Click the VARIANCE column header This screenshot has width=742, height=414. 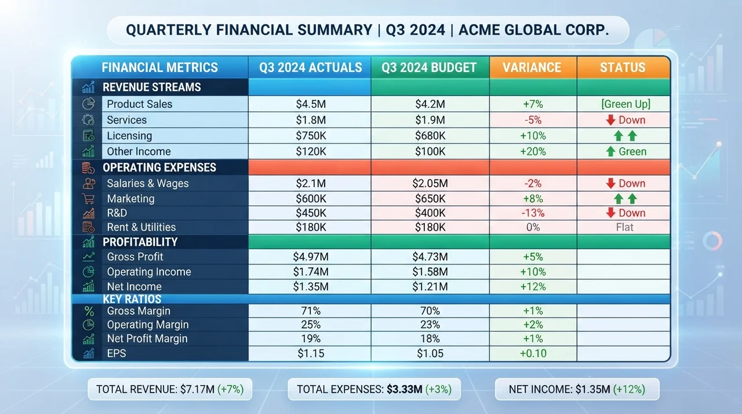[x=532, y=68]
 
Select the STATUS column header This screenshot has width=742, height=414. [x=623, y=68]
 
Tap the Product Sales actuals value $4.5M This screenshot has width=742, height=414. [x=311, y=104]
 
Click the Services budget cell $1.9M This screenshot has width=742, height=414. [x=430, y=120]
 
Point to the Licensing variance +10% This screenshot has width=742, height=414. [x=533, y=136]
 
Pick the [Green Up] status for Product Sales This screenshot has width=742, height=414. [x=625, y=104]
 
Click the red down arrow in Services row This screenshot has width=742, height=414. [x=610, y=120]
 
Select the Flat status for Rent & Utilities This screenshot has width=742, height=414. [x=624, y=227]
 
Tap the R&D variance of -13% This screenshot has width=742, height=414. [x=533, y=213]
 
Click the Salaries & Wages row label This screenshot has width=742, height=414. [x=148, y=183]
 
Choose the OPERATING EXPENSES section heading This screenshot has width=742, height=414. [x=159, y=168]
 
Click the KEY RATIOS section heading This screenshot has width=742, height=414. [x=132, y=299]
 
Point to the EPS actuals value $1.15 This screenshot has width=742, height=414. [x=311, y=353]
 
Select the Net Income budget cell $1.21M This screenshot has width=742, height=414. [x=430, y=286]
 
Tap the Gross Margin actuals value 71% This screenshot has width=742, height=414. [x=311, y=311]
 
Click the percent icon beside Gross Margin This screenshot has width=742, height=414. [x=89, y=311]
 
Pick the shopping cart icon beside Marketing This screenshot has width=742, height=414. [x=88, y=199]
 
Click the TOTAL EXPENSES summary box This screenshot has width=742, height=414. [x=374, y=389]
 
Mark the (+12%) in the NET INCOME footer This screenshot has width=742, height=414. [x=629, y=389]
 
